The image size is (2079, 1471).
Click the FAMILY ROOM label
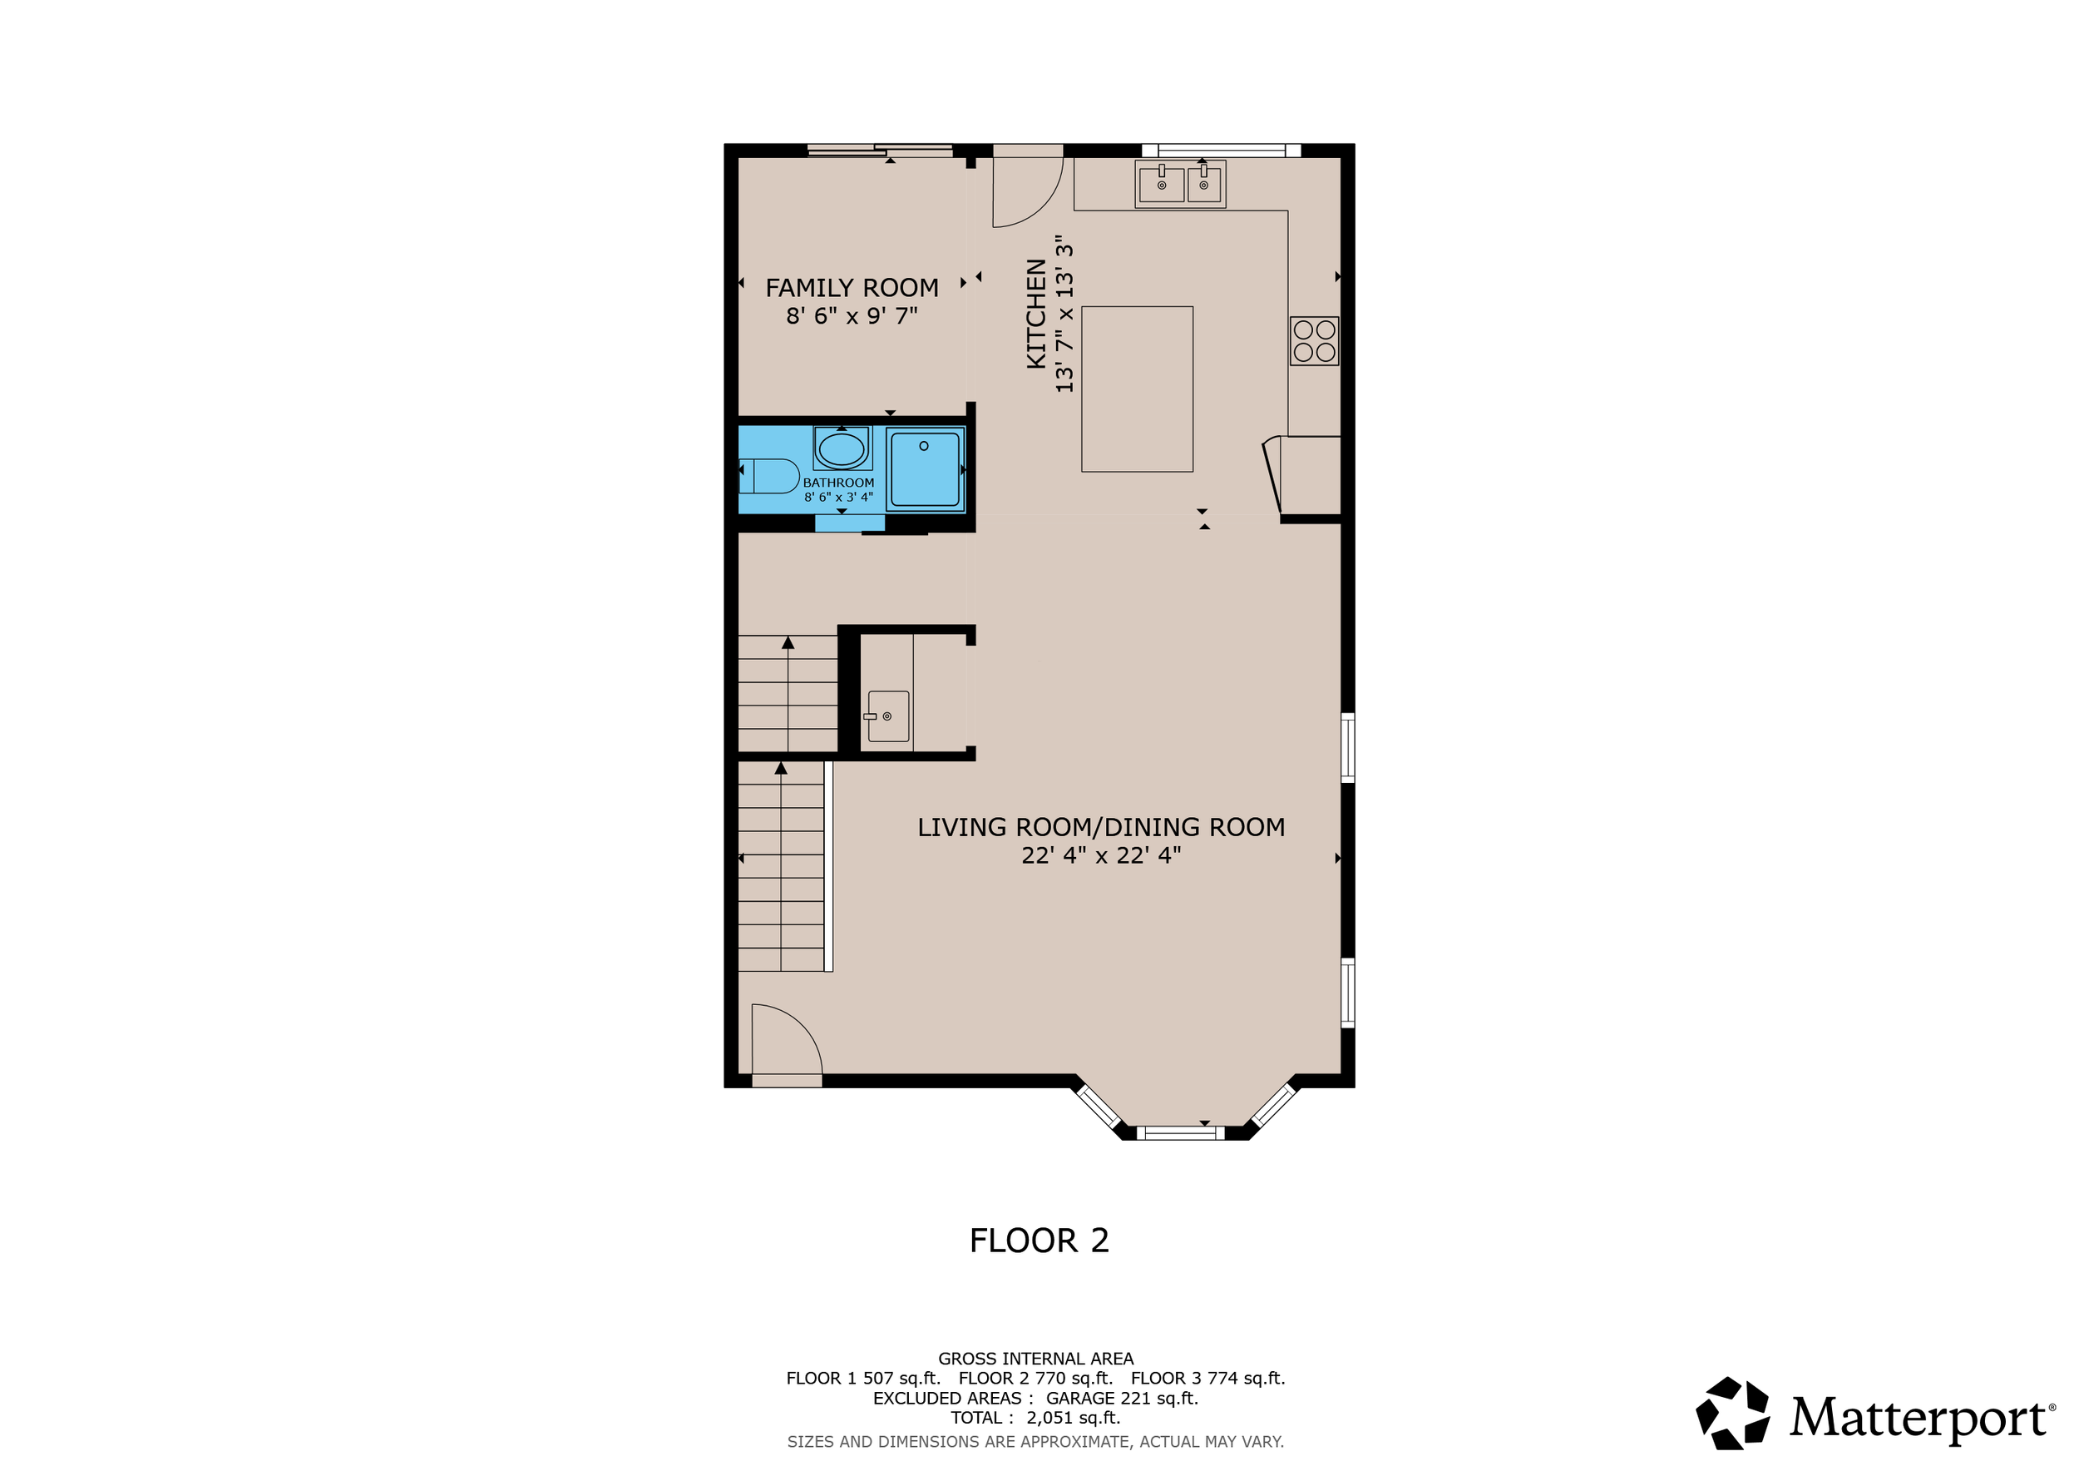(x=852, y=287)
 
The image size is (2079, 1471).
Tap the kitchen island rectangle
(x=1137, y=389)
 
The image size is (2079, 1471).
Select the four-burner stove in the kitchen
(x=1314, y=340)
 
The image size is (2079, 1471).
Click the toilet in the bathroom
(x=771, y=476)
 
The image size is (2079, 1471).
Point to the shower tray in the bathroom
(x=925, y=469)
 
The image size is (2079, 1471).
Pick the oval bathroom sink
(x=842, y=449)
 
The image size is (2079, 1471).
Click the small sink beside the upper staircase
(x=887, y=716)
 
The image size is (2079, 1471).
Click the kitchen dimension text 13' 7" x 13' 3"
(x=1064, y=315)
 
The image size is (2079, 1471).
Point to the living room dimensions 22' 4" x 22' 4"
(x=1100, y=855)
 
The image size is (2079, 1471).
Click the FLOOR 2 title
(x=1039, y=1240)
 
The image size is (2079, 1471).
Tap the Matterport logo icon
(x=1731, y=1413)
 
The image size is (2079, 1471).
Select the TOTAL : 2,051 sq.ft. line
(x=1035, y=1418)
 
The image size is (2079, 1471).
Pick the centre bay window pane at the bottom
(x=1180, y=1132)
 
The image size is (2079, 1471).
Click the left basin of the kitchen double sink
(x=1161, y=184)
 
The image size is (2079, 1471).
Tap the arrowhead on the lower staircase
(x=781, y=768)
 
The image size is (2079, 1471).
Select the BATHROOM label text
(x=838, y=483)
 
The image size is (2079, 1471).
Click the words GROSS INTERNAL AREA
(x=1035, y=1359)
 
